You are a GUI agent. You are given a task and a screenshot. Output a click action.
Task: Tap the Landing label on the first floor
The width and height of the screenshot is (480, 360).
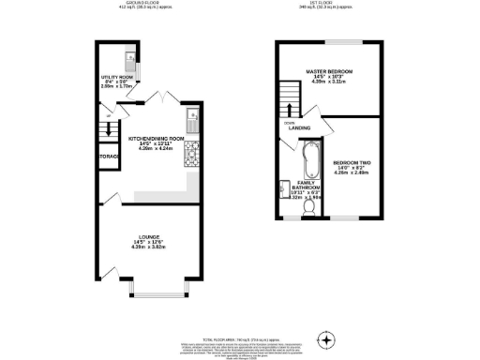(x=300, y=128)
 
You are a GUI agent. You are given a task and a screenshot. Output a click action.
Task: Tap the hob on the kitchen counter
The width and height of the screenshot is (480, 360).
(x=191, y=151)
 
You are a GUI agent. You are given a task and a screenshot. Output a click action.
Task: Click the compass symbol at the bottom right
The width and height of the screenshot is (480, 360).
(x=326, y=338)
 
